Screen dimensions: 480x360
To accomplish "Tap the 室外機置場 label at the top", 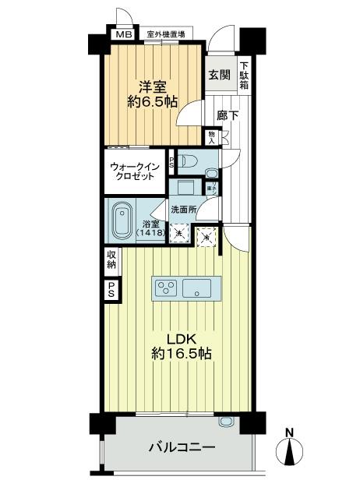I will pos(165,34).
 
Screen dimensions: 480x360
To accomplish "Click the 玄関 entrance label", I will pos(219,75).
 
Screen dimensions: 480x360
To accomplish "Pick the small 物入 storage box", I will pos(212,137).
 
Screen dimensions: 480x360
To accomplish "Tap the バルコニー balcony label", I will pos(182,447).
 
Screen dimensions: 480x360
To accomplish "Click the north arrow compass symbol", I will pos(290,450).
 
